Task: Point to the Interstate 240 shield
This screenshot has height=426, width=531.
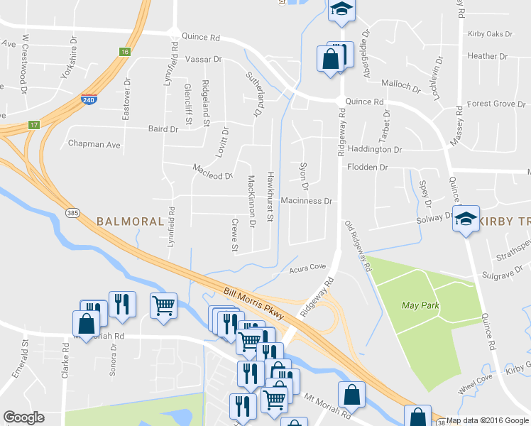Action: [89, 101]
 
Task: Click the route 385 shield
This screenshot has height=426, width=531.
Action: [72, 213]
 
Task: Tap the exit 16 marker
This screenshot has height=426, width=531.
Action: [125, 52]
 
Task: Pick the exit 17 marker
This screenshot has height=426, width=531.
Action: [33, 125]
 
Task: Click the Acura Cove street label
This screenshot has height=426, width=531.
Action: [307, 268]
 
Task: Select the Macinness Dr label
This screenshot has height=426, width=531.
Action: [307, 202]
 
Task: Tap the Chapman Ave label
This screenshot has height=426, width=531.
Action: [94, 144]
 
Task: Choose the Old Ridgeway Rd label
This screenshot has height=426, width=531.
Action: [358, 248]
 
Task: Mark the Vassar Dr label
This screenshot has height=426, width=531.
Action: [204, 60]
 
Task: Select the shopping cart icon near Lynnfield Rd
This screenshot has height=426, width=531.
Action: [164, 306]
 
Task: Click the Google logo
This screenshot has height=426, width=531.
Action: [23, 417]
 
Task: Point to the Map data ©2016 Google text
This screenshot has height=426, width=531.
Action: [488, 420]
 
